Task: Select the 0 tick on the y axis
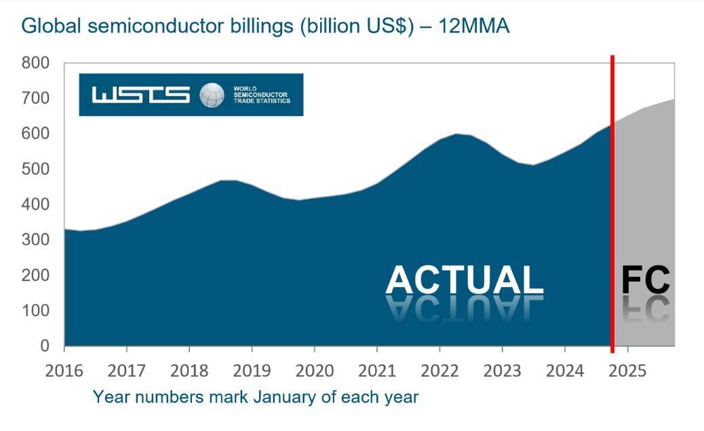coord(45,346)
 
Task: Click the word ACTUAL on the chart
coord(464,280)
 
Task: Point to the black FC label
coord(646,280)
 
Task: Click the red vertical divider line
coord(612,204)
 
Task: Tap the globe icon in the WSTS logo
coord(212,95)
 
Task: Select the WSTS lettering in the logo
coord(140,95)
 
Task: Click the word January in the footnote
coord(283,396)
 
